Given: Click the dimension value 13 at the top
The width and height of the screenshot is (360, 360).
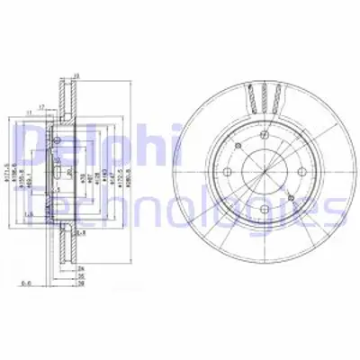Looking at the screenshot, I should point(77,76).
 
